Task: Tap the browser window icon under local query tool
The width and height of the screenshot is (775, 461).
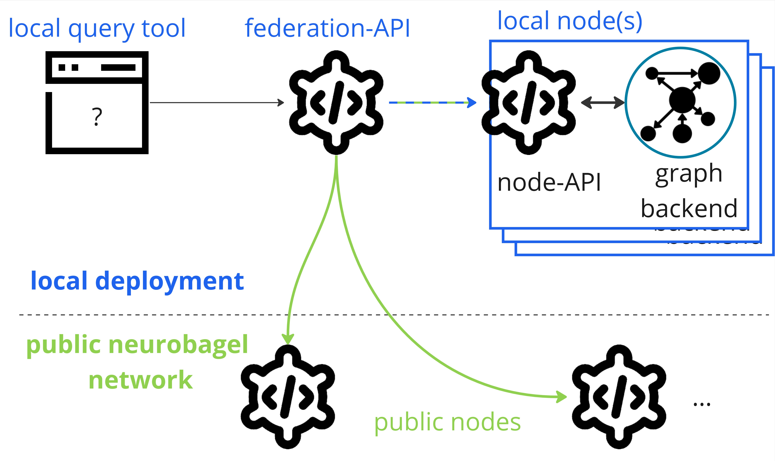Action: point(97,103)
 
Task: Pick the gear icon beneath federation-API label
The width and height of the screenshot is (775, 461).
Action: point(336,103)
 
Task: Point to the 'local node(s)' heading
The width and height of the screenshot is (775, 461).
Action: point(570,21)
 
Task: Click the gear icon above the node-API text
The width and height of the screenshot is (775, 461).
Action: point(528,103)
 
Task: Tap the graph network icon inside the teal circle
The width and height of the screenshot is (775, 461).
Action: point(681,103)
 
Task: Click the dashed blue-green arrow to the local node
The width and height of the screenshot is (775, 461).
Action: point(432,103)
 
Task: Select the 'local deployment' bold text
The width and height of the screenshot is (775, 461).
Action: point(137,281)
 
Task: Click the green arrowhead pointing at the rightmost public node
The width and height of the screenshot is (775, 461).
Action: point(562,397)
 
